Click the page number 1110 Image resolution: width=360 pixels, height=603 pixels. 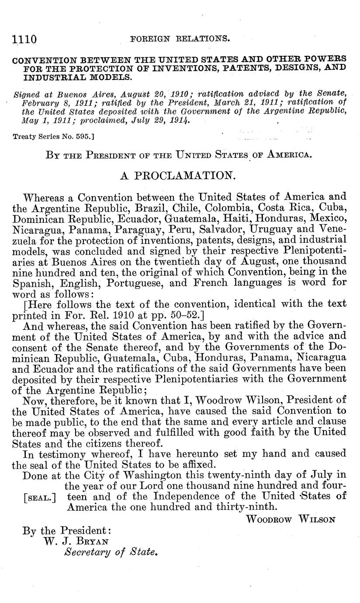[x=24, y=40]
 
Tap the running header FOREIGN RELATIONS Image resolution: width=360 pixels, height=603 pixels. [x=180, y=39]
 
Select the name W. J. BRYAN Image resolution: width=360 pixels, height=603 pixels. [x=76, y=541]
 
